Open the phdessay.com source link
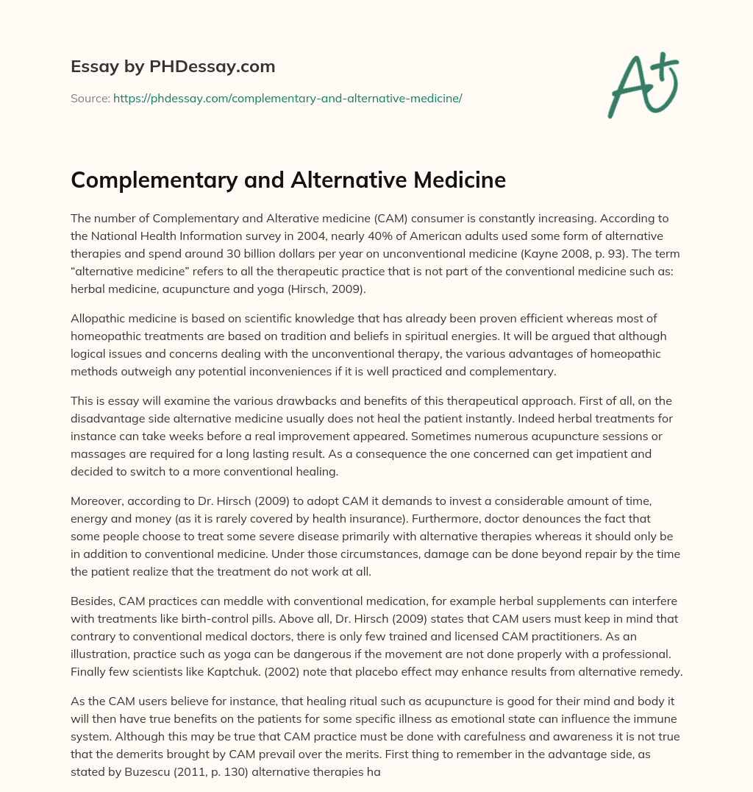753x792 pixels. tap(288, 98)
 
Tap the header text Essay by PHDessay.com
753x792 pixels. tap(173, 67)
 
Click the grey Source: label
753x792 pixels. tap(90, 98)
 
